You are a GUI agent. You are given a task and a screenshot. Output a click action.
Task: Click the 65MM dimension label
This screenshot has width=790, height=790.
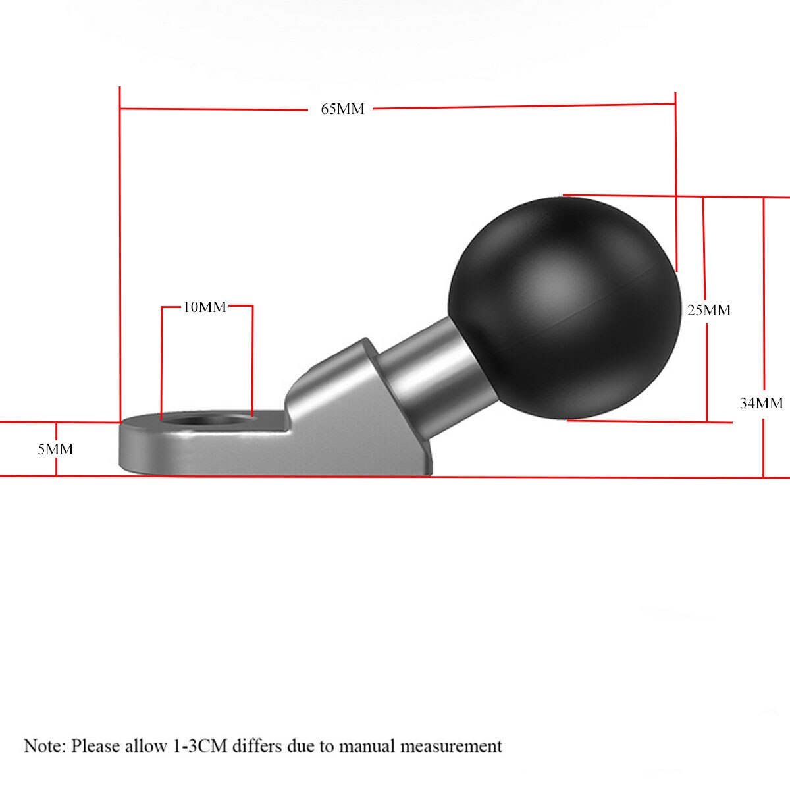tap(342, 109)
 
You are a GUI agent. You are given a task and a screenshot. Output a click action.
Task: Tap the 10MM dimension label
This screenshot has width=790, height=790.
tap(205, 307)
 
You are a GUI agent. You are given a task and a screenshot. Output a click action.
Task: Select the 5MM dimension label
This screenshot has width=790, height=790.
tap(55, 450)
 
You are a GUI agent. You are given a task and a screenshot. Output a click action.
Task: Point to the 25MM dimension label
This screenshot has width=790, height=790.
tap(709, 310)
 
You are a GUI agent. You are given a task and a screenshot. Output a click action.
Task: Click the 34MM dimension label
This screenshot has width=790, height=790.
tap(761, 403)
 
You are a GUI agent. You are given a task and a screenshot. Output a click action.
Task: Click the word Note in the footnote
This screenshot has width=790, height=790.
tap(43, 746)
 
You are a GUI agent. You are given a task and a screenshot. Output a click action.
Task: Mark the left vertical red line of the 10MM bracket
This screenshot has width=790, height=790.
tap(162, 362)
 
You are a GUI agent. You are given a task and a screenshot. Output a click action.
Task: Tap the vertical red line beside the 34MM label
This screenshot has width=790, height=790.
tap(764, 296)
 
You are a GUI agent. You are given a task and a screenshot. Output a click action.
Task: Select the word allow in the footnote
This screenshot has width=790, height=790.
tap(149, 746)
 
